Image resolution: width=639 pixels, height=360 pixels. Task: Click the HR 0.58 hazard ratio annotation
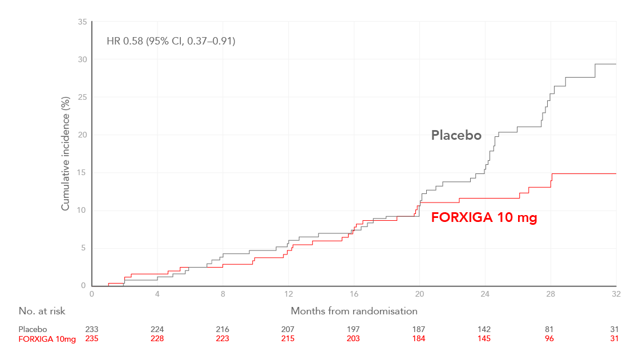(171, 41)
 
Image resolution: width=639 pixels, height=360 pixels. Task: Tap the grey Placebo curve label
(456, 135)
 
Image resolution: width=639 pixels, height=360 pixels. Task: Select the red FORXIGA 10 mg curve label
(484, 217)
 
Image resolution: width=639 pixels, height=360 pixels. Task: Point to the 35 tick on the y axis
(83, 22)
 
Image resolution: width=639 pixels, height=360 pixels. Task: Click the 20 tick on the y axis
(83, 135)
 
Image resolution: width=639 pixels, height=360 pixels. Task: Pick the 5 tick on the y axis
(84, 248)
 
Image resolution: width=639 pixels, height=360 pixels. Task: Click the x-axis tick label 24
(485, 294)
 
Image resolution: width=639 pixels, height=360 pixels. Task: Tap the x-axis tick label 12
(288, 294)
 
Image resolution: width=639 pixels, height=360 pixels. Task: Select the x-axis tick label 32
(616, 294)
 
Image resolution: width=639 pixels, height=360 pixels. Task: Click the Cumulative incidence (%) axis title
(66, 153)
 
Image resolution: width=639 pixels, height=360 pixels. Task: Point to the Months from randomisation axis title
(354, 311)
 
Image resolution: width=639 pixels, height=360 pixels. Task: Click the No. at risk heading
(42, 311)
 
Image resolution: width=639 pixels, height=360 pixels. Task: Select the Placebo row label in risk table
(33, 329)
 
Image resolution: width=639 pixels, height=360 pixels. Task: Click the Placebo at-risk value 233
(92, 329)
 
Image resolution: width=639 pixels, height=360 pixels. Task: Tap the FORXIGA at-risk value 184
(419, 339)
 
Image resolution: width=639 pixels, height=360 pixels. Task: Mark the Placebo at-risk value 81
(551, 329)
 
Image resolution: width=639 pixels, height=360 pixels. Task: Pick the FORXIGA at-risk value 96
(551, 339)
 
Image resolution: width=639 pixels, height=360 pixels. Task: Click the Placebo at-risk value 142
(485, 329)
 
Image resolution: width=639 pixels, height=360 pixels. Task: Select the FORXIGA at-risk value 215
(288, 339)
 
